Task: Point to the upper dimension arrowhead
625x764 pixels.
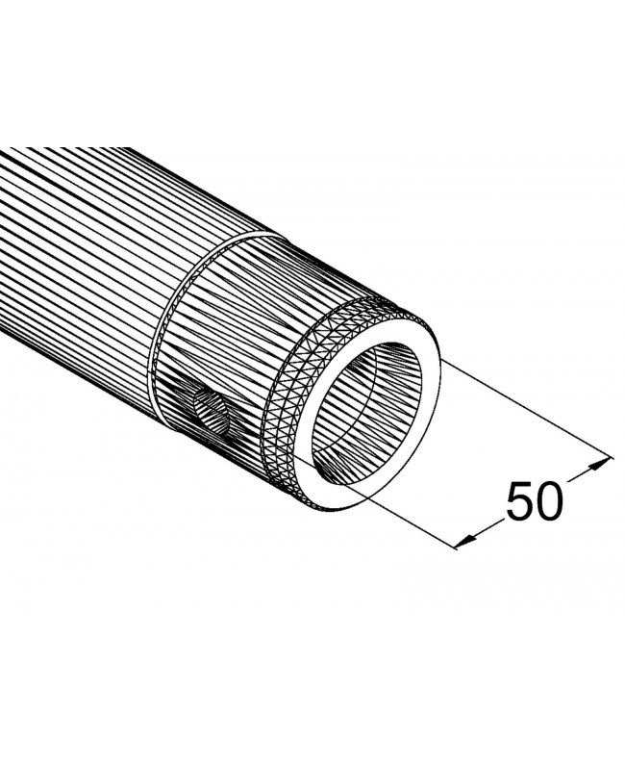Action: point(604,461)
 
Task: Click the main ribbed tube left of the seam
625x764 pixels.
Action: point(77,260)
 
